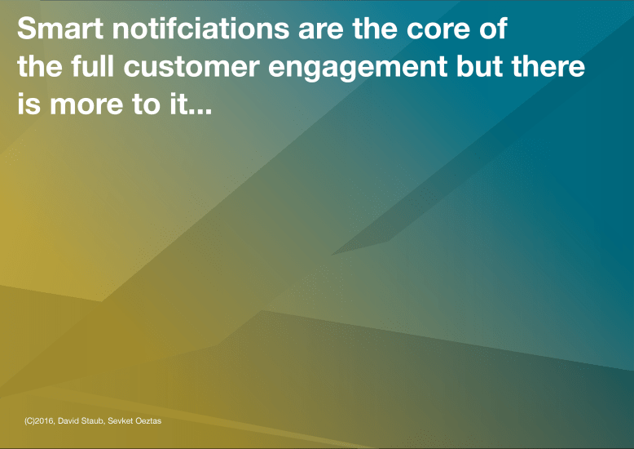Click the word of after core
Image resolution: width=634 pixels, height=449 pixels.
click(492, 29)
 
